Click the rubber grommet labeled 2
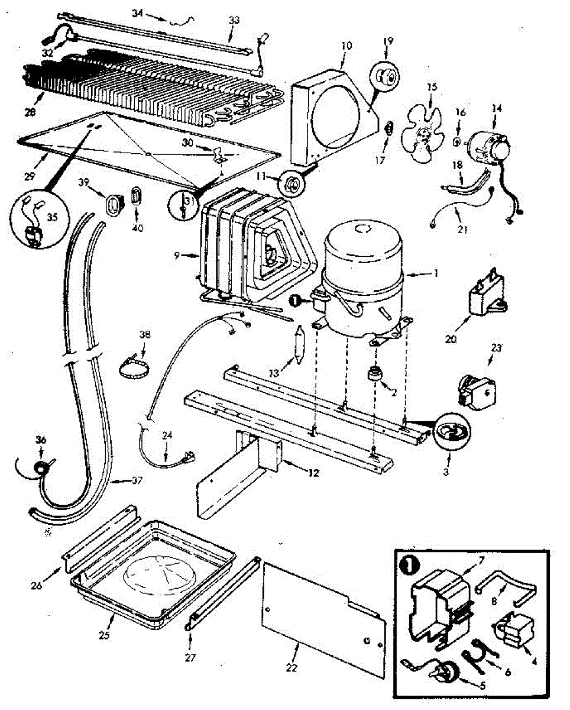pyautogui.click(x=373, y=375)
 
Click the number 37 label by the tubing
pyautogui.click(x=137, y=480)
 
